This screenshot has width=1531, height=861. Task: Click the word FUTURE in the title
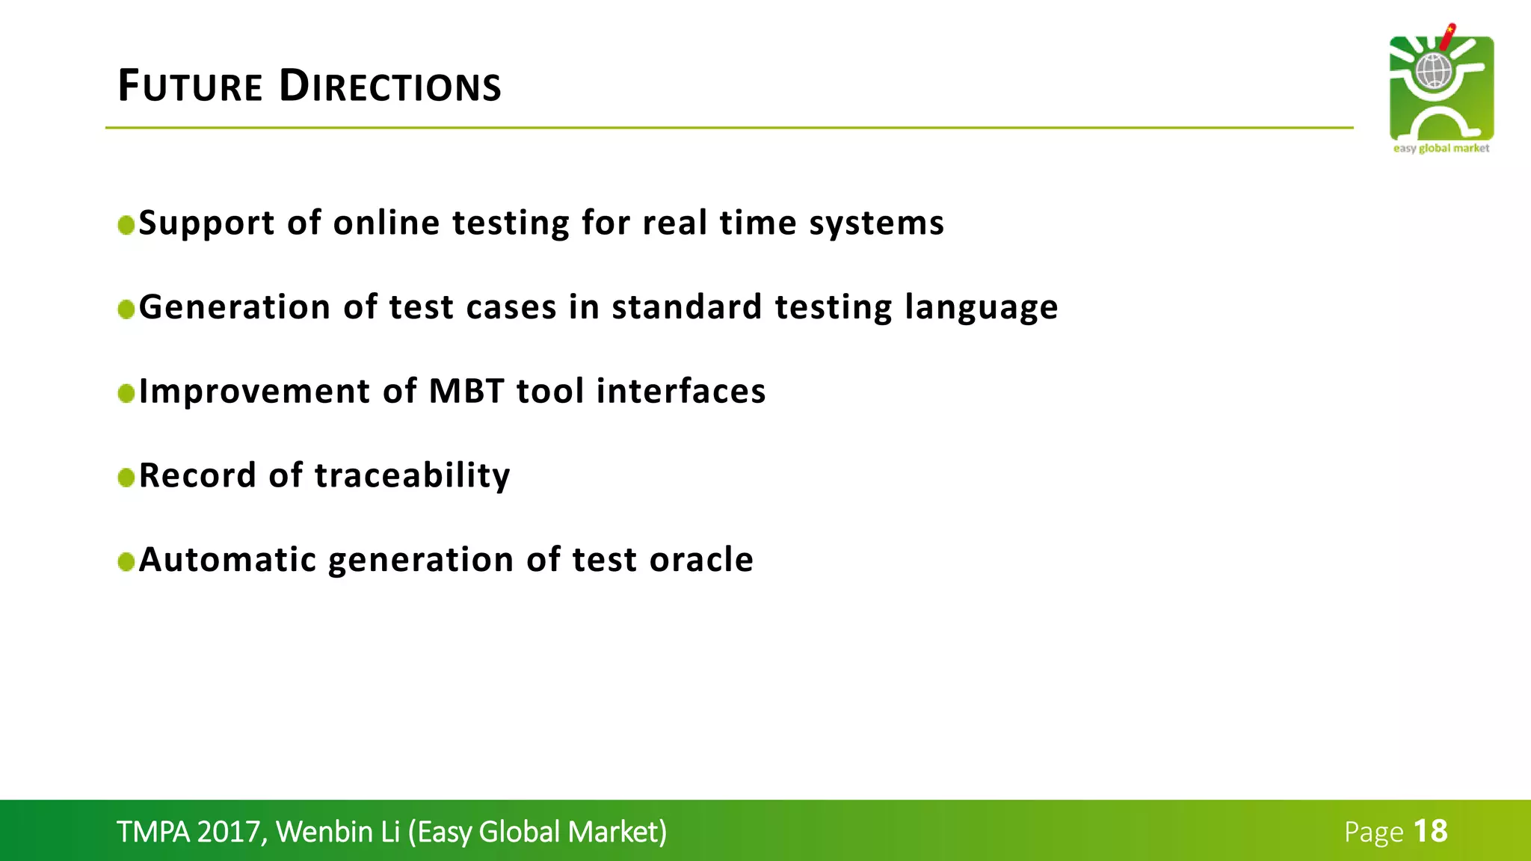tap(190, 86)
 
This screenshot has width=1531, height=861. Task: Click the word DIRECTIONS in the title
tap(389, 86)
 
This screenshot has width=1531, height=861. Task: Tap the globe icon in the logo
tap(1433, 72)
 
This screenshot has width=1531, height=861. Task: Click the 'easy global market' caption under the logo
tap(1441, 148)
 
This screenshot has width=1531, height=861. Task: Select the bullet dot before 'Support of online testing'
tap(126, 225)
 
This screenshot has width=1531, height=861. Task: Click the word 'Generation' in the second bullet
tap(235, 307)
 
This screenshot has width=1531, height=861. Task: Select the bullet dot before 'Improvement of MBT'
tap(126, 393)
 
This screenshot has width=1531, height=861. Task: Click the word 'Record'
tap(197, 475)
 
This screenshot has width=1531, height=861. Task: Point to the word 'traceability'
tap(412, 475)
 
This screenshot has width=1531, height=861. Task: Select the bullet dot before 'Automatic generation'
tap(126, 561)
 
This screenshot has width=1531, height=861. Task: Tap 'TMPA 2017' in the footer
tap(188, 832)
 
